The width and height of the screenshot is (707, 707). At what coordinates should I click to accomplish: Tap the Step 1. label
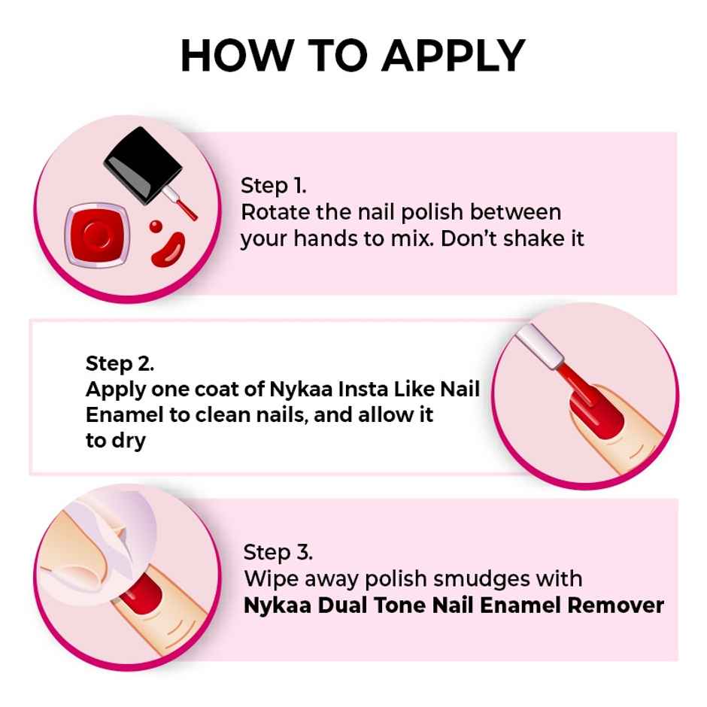(x=273, y=186)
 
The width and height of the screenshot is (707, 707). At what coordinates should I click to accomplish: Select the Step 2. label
(x=120, y=364)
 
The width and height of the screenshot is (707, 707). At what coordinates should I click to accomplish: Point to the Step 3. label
(x=278, y=553)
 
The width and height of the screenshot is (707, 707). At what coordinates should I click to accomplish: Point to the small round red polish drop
(x=156, y=226)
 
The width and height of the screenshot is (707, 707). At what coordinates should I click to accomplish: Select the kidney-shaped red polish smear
(x=168, y=250)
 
